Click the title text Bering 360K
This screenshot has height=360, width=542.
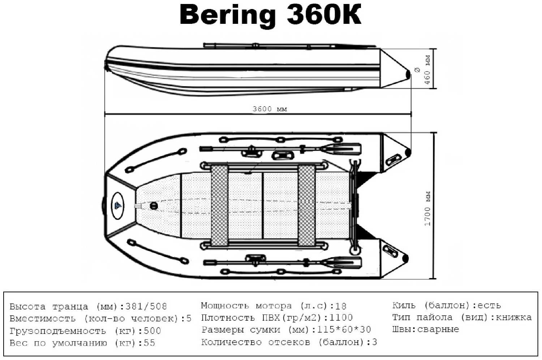pyautogui.click(x=270, y=15)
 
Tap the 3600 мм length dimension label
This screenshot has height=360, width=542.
pyautogui.click(x=270, y=109)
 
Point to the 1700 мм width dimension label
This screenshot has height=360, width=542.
pyautogui.click(x=427, y=208)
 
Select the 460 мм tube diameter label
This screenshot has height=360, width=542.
pyautogui.click(x=427, y=70)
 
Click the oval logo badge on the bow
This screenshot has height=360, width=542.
pyautogui.click(x=118, y=206)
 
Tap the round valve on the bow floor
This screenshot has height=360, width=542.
pyautogui.click(x=154, y=206)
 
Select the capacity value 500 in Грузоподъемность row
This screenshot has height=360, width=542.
pyautogui.click(x=152, y=331)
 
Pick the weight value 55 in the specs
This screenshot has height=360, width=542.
pyautogui.click(x=149, y=343)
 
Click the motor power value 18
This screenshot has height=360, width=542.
pyautogui.click(x=341, y=306)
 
